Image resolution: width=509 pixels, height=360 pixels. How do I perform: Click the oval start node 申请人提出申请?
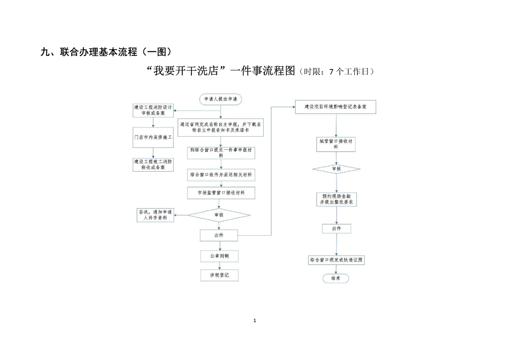tap(220, 99)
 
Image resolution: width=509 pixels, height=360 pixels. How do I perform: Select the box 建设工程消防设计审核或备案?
tap(152, 110)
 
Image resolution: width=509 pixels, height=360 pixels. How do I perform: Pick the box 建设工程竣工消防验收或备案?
tap(152, 164)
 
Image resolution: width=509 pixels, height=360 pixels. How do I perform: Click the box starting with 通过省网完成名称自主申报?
tap(221, 127)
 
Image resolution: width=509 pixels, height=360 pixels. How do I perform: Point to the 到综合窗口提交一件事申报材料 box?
tap(221, 152)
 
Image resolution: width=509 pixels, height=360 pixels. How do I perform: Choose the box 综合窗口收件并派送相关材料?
tap(221, 174)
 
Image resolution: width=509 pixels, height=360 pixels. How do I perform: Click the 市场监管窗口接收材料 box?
tap(221, 193)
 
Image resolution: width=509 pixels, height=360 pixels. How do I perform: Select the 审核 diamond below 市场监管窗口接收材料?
tap(219, 215)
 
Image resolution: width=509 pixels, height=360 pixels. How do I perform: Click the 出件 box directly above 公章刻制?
tap(219, 235)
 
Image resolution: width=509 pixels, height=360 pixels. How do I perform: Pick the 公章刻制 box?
tap(219, 256)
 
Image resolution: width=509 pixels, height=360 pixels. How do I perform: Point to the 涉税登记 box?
tap(219, 275)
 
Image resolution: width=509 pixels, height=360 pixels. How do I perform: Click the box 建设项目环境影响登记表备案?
tap(336, 107)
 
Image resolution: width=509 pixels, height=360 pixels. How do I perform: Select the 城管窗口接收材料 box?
tap(336, 144)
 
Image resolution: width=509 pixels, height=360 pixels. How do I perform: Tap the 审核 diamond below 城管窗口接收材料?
tap(336, 169)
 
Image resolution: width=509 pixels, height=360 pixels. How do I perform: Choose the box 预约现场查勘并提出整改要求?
tap(336, 199)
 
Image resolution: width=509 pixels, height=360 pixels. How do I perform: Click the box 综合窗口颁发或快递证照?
tap(336, 260)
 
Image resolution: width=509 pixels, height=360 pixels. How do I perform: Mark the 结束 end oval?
tap(336, 278)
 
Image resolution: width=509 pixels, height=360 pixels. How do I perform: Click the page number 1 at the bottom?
tap(254, 321)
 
